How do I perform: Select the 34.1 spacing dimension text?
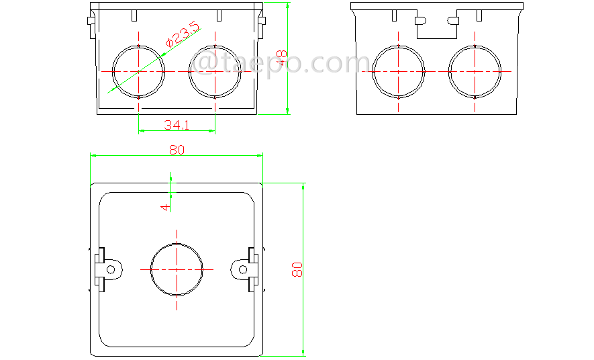coord(177,124)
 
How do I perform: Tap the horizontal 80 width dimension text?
coord(177,150)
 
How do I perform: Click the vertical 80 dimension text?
coord(297,269)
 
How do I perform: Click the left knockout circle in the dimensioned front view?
coord(138,71)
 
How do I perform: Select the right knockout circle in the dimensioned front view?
coord(215,71)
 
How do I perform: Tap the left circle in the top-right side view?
coord(399,71)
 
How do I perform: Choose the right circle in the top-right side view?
coord(475,71)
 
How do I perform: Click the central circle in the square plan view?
coord(177,269)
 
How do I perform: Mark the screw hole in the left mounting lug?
coord(113,269)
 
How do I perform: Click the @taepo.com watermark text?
coord(275,63)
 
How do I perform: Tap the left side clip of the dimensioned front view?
coord(91,24)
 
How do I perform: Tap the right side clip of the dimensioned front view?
coord(260,24)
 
